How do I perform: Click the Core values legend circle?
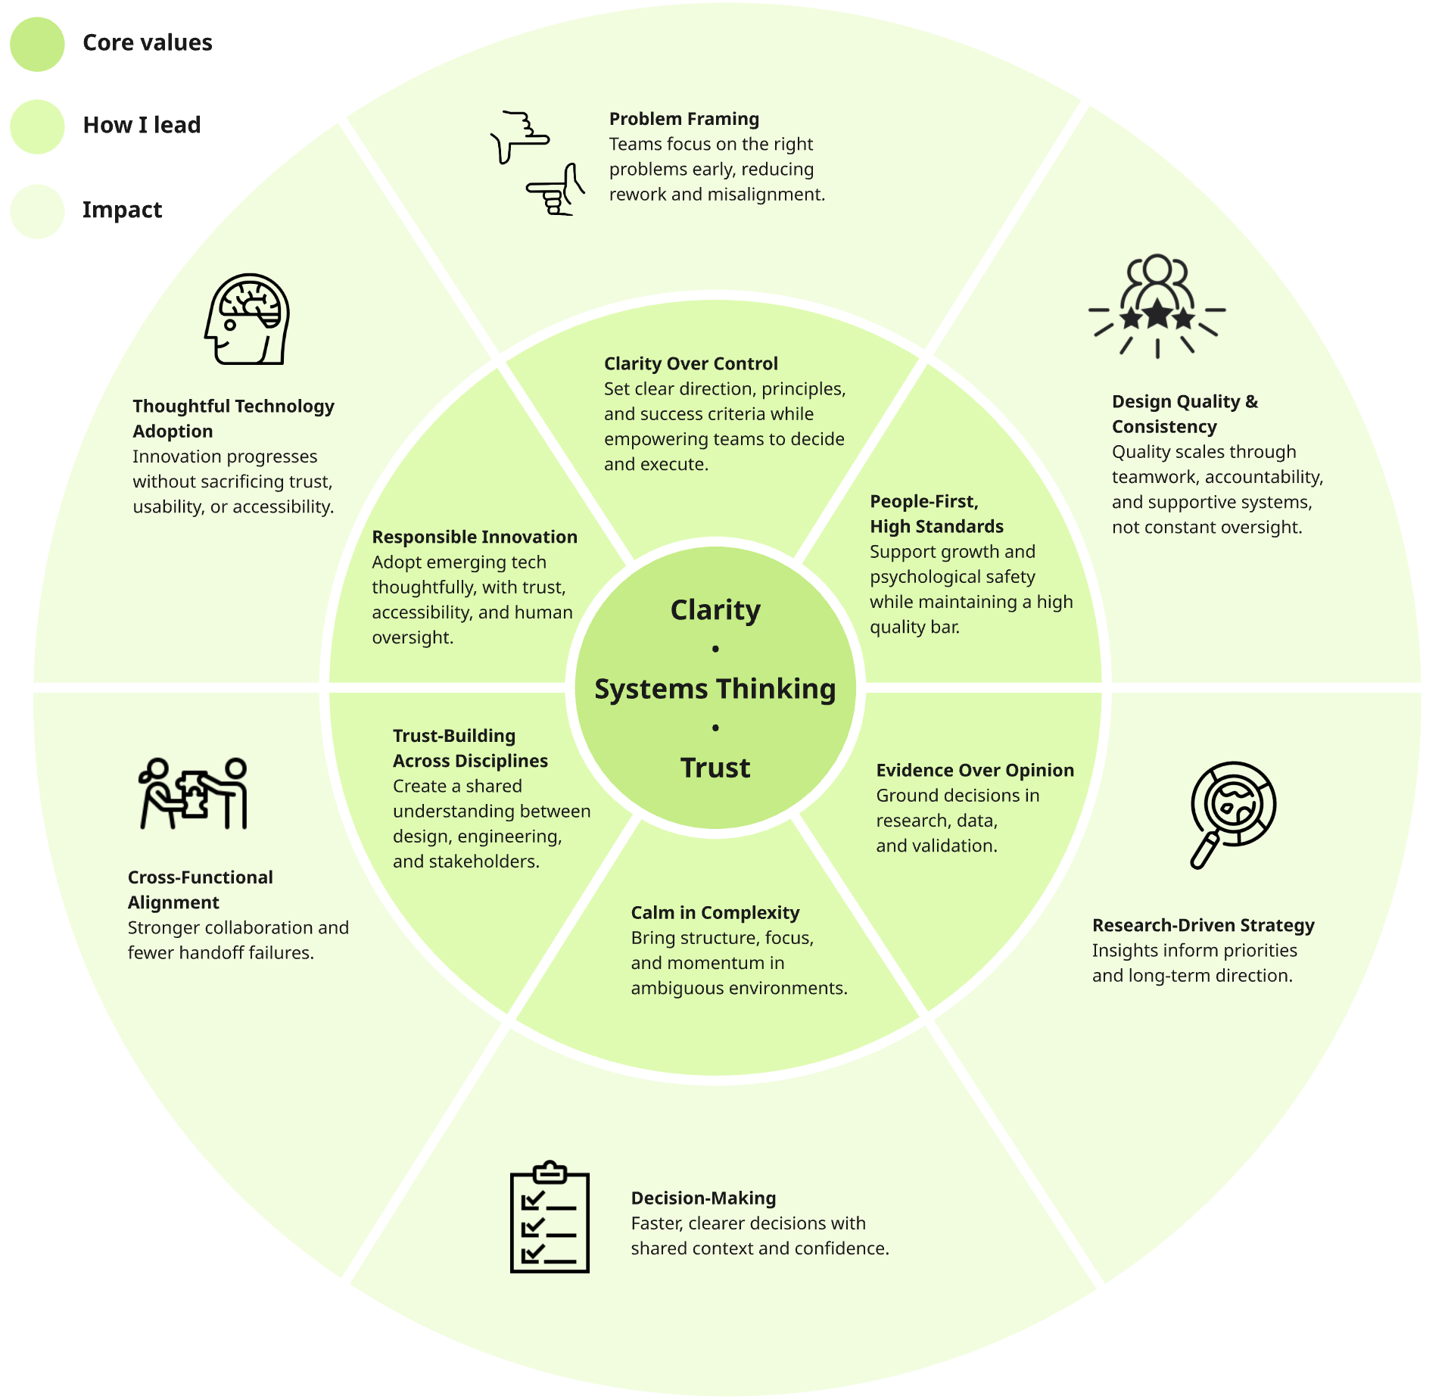coord(37,44)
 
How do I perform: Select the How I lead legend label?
coord(142,125)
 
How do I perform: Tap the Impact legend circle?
coord(37,211)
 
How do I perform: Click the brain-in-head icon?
coord(248,319)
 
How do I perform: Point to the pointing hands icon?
coord(537,164)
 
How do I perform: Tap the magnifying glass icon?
coord(1232,814)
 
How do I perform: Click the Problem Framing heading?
coord(684,119)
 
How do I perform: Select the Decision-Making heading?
coord(703,1198)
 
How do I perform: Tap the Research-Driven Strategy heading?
coord(1203,925)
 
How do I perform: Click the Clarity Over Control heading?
coord(690,363)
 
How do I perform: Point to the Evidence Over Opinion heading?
coord(975,770)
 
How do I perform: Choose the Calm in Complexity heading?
coord(715,912)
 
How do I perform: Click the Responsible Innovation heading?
coord(475,537)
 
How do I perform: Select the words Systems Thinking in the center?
coord(715,689)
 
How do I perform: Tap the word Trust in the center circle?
coord(715,768)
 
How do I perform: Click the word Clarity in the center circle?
coord(715,610)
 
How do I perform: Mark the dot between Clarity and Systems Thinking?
coord(715,649)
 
